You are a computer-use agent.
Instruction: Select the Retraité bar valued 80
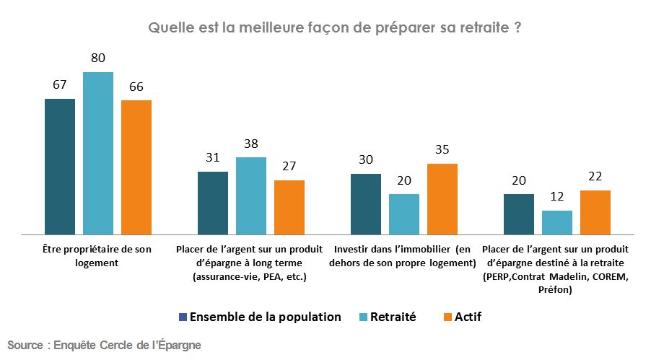(x=98, y=153)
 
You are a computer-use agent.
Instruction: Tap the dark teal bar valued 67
(x=60, y=166)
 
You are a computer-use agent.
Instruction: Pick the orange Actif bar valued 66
(x=136, y=167)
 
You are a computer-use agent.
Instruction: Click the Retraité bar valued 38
(x=251, y=196)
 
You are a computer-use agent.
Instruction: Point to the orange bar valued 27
(x=289, y=207)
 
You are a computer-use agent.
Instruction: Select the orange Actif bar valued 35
(x=442, y=199)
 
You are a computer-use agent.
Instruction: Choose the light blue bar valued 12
(x=557, y=222)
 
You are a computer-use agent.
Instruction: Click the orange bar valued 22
(x=595, y=212)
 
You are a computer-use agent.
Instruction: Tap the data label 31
(x=213, y=158)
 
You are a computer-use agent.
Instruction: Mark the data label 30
(x=366, y=159)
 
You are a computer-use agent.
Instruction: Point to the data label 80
(x=98, y=58)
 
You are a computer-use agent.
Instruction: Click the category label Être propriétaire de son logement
(x=97, y=256)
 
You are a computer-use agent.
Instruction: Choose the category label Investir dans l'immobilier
(x=403, y=256)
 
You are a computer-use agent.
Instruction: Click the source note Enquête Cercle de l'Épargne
(x=104, y=346)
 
